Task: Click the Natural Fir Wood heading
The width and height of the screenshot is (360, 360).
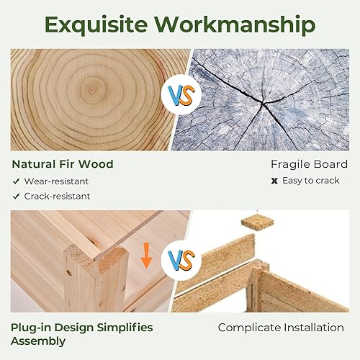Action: pyautogui.click(x=62, y=164)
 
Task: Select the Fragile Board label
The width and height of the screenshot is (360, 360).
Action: pyautogui.click(x=309, y=164)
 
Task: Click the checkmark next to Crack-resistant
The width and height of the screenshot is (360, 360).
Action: pyautogui.click(x=15, y=196)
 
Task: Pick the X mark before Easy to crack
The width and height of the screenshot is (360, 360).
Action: pyautogui.click(x=274, y=181)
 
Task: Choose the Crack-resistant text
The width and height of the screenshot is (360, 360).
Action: pyautogui.click(x=58, y=196)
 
